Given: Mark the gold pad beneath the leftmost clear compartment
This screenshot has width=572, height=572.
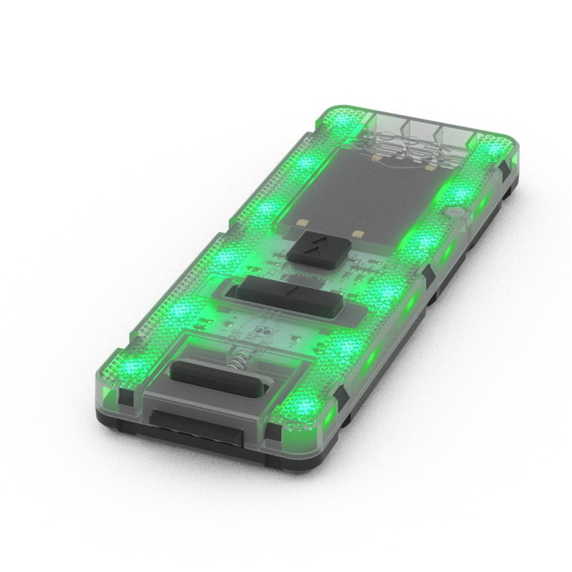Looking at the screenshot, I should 375,158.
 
